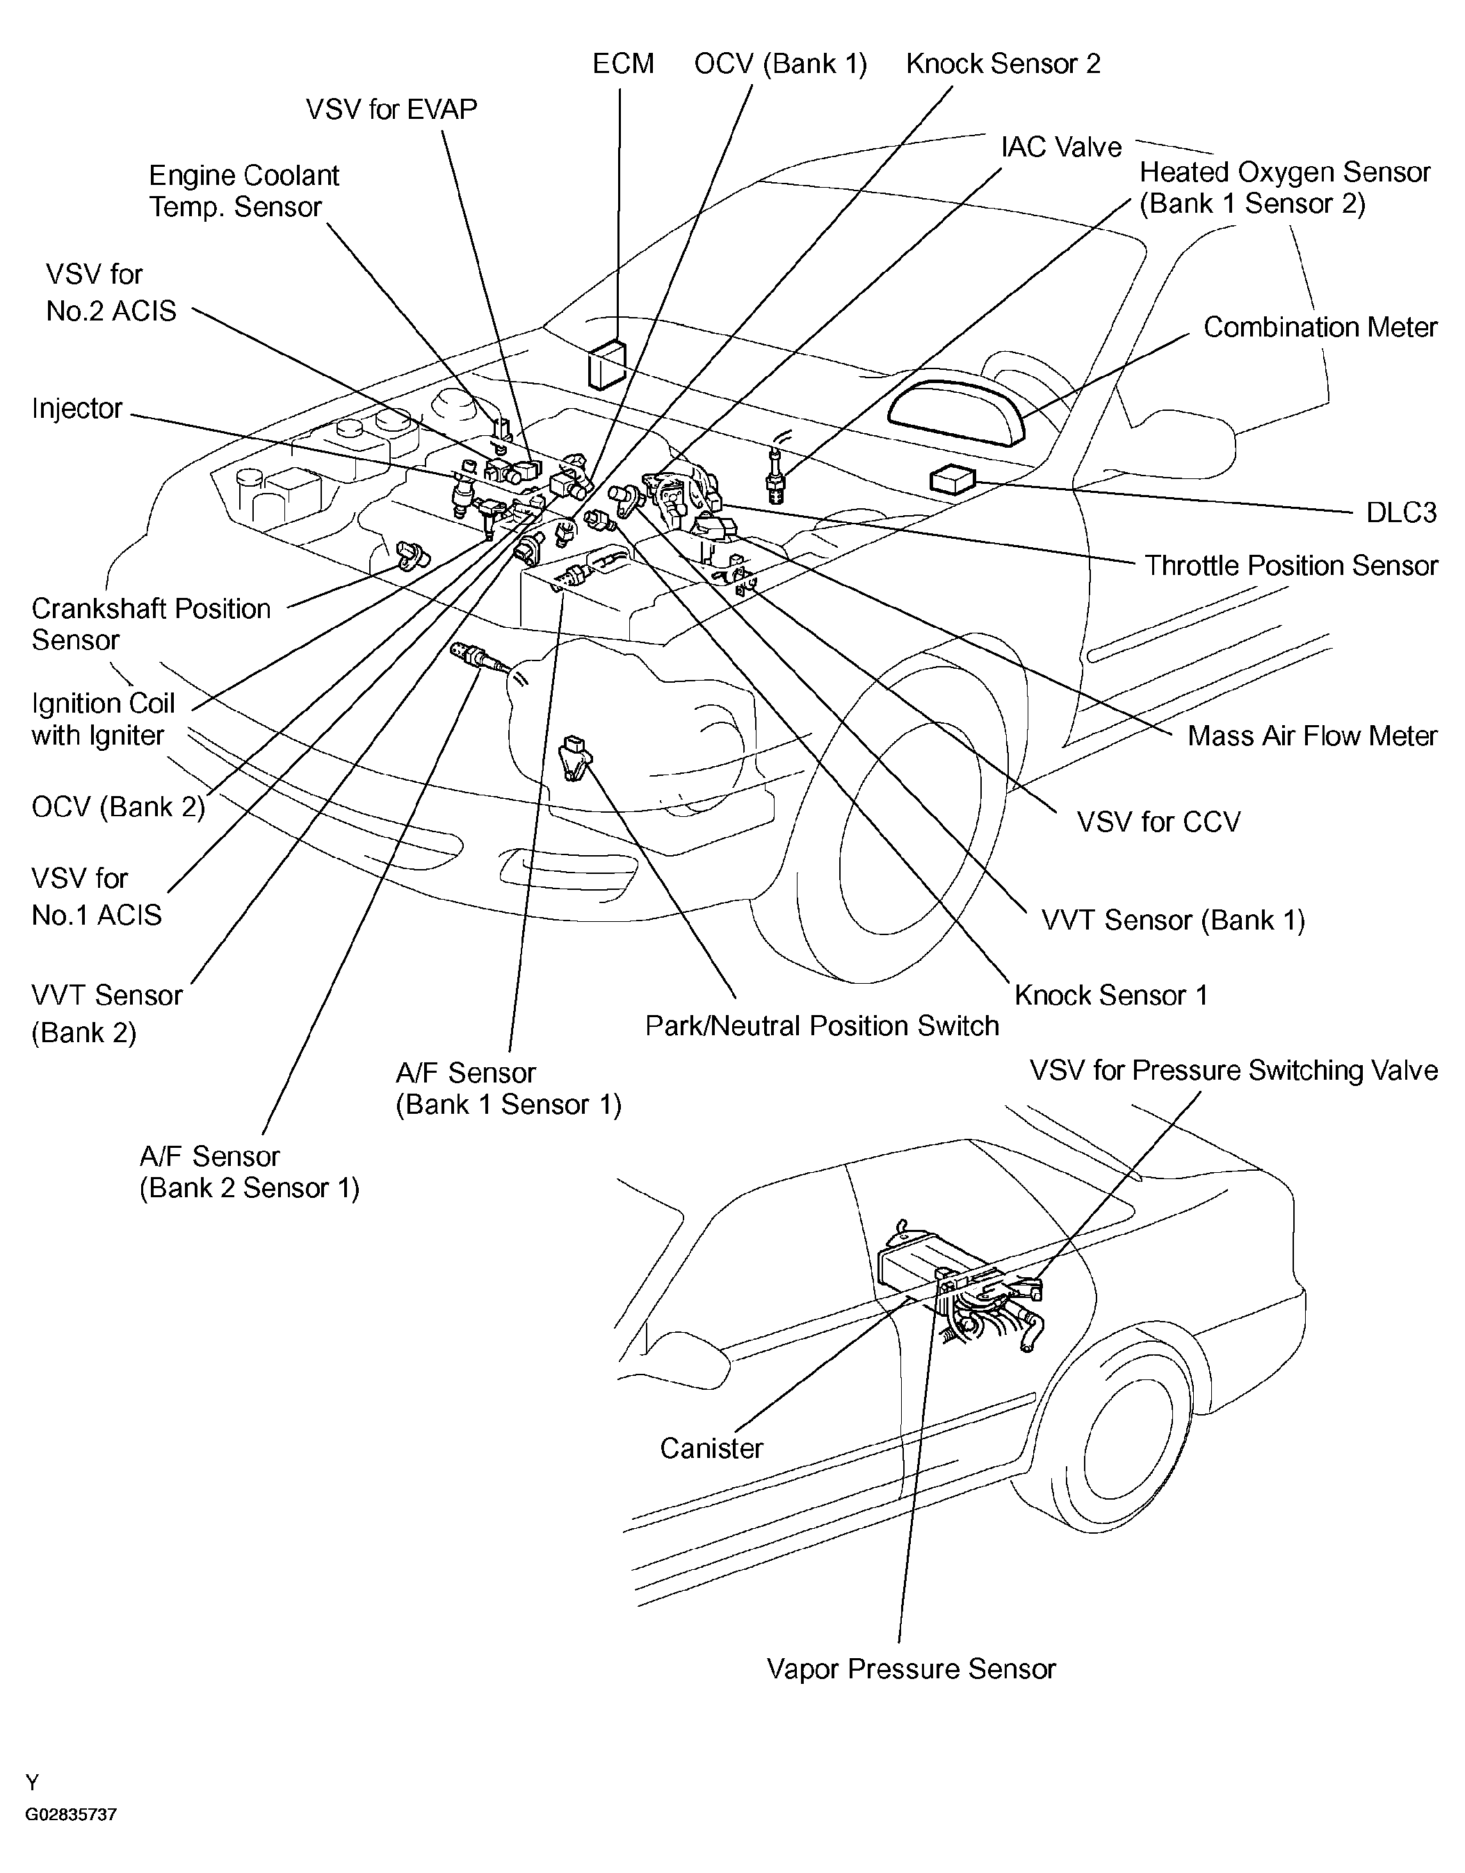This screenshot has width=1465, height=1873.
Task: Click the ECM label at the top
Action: [624, 63]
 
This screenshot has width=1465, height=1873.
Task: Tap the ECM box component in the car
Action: [607, 364]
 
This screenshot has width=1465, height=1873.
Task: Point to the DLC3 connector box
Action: [953, 480]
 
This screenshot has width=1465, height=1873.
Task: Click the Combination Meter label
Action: [1320, 327]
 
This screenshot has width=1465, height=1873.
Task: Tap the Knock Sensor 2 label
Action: [1003, 63]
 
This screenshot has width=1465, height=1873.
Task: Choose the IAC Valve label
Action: [1061, 147]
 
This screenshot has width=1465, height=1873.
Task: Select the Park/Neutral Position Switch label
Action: [822, 1025]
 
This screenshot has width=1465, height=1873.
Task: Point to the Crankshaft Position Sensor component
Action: [412, 554]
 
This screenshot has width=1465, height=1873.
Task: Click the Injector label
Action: [77, 408]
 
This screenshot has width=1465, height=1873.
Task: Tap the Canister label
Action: [711, 1448]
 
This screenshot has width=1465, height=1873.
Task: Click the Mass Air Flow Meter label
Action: [1312, 735]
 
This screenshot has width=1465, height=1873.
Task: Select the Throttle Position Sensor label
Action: [1292, 565]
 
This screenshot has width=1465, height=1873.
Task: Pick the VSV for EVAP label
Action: [391, 109]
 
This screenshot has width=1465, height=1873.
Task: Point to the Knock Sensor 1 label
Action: [1111, 995]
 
